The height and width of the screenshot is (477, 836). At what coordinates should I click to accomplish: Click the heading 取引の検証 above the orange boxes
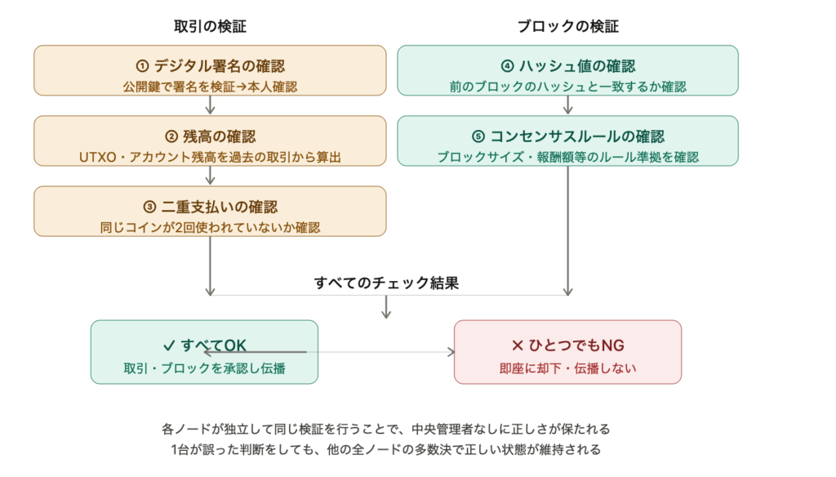[x=211, y=26]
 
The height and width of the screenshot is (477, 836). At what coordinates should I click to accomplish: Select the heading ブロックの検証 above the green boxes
[x=567, y=26]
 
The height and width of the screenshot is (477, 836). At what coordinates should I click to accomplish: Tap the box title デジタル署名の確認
[x=211, y=66]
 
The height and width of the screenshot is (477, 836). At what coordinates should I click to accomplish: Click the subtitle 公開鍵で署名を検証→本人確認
[x=211, y=86]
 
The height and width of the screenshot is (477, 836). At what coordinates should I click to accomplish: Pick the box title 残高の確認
[x=211, y=136]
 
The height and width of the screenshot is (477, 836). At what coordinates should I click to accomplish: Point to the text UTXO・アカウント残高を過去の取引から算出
[x=211, y=156]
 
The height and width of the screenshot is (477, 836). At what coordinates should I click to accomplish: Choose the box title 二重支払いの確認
[x=211, y=207]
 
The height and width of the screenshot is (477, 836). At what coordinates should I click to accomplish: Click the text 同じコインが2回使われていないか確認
[x=211, y=227]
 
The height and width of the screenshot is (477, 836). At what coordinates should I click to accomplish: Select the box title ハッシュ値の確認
[x=567, y=66]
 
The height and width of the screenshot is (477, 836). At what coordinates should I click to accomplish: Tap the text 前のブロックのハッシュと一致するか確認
[x=567, y=86]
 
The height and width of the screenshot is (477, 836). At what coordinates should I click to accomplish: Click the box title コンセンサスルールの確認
[x=567, y=136]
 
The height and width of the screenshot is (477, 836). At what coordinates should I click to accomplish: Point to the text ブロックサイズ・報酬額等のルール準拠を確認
[x=567, y=156]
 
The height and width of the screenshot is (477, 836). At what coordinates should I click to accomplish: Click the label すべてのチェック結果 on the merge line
[x=386, y=283]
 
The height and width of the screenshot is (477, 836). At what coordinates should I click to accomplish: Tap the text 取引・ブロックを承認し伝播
[x=204, y=368]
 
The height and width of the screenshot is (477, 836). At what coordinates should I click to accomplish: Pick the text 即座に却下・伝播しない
[x=567, y=368]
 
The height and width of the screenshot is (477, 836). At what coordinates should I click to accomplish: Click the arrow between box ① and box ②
[x=211, y=105]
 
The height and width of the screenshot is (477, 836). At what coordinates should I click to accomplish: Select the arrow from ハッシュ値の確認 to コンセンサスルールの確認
[x=567, y=105]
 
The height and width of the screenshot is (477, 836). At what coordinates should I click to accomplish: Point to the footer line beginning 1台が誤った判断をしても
[x=386, y=449]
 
